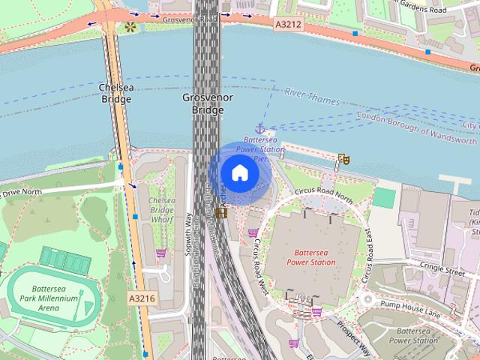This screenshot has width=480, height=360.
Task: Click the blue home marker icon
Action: pos(239,173)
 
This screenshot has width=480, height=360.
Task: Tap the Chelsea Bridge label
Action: pos(116,92)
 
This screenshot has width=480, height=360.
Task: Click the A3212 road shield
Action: pos(287,24)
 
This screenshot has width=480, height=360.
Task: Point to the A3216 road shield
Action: pos(142,298)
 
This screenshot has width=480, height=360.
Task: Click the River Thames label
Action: pos(312,96)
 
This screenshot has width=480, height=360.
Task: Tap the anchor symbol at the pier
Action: pos(260,128)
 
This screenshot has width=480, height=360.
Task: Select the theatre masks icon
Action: pos(343,159)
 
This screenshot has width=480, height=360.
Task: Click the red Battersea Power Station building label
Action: pos(311,257)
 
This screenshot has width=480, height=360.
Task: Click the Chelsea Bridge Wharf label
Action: pos(161,211)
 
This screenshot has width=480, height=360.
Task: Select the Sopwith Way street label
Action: pos(189,235)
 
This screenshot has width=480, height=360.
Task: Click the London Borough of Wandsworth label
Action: pos(417,127)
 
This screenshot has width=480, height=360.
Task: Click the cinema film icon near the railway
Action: pos(220,213)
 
